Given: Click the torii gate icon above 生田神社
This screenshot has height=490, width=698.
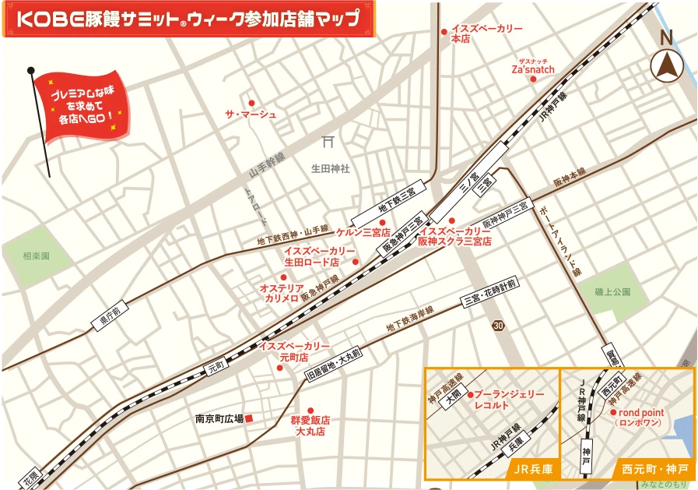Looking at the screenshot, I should tap(328, 143).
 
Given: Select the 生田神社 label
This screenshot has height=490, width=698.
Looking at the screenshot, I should tap(331, 167).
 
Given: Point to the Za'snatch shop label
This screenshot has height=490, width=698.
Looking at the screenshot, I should tap(533, 69).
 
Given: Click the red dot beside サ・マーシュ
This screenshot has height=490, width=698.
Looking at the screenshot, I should tap(251, 103).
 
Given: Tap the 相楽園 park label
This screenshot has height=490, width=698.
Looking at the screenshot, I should tap(36, 256).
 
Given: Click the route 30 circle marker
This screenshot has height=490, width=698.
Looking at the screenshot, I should tap(498, 324).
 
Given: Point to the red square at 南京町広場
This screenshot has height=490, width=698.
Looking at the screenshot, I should tap(250, 419).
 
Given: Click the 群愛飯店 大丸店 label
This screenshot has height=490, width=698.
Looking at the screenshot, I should tap(310, 425).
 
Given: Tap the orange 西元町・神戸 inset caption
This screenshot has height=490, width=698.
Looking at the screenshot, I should tap(654, 469).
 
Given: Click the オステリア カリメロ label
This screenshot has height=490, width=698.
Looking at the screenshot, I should tap(282, 293).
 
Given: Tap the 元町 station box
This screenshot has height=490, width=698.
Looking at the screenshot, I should tap(215, 365).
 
